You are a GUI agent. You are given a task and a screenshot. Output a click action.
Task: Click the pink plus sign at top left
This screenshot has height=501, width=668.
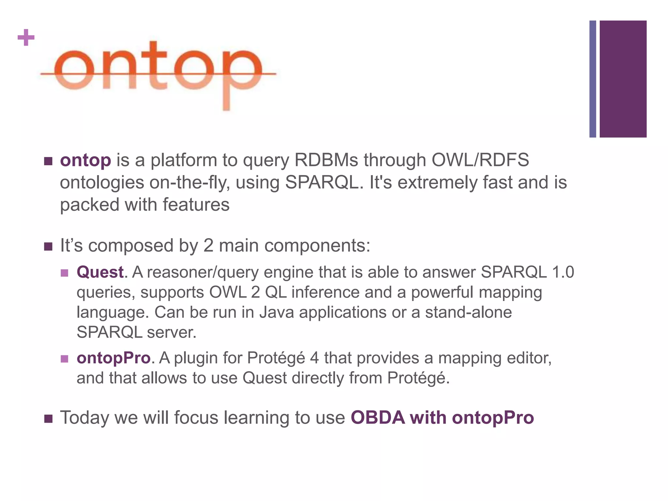coord(26,38)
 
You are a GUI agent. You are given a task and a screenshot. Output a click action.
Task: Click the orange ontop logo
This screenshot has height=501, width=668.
coord(158,73)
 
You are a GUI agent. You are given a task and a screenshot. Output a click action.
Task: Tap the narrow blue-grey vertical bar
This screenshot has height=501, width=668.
coord(593,79)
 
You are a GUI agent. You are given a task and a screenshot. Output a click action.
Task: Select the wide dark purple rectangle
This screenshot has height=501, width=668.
coord(623,79)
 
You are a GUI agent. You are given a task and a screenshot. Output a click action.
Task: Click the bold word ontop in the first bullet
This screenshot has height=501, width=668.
coord(85,160)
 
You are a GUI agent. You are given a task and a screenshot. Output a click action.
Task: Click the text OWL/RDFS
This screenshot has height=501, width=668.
coord(480,160)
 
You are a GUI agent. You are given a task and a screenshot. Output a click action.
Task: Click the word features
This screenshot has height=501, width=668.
coord(196,205)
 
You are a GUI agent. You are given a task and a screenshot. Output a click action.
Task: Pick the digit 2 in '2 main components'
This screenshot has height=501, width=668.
coord(208,245)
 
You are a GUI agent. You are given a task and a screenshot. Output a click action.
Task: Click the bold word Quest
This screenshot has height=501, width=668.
coord(100,272)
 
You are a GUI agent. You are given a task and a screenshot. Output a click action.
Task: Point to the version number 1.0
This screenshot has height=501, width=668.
coord(563,272)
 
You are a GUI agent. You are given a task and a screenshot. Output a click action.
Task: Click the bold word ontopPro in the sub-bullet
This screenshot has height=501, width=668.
coord(114,358)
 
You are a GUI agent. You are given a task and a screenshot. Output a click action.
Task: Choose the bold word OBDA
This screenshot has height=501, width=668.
coord(378,417)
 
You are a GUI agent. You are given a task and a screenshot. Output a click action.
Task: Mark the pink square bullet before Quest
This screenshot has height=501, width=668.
coord(65,273)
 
